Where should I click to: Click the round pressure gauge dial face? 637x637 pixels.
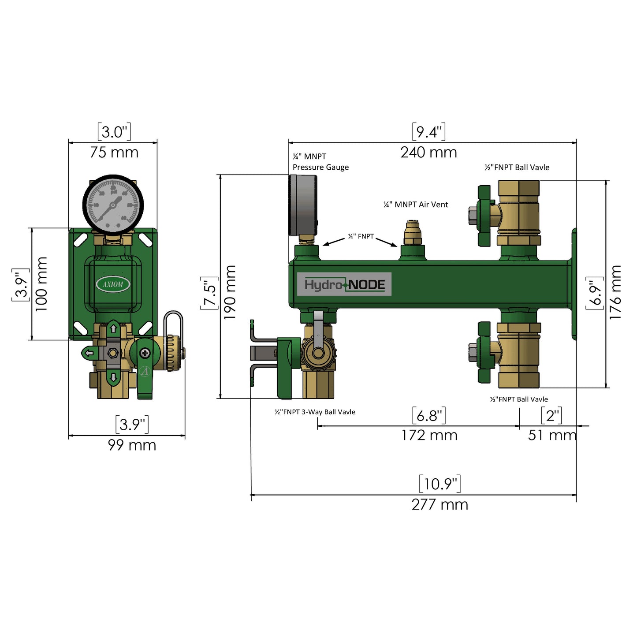tap(113, 205)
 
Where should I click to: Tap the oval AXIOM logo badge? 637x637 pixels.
tap(113, 284)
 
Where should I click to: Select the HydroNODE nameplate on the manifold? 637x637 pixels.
tap(344, 284)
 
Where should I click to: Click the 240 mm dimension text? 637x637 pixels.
tap(428, 153)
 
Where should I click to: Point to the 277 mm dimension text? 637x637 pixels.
tap(440, 504)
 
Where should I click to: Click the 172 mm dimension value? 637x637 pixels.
tap(429, 436)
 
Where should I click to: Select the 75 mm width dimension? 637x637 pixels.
tap(114, 153)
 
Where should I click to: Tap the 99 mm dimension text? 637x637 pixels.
tap(132, 445)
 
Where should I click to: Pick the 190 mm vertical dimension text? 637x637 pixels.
tap(230, 292)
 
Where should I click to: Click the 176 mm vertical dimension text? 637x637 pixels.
tap(615, 292)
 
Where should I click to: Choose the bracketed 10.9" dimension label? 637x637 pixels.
tap(440, 484)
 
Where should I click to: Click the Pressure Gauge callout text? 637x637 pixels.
tap(320, 167)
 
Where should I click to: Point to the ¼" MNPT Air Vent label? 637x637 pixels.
tap(415, 205)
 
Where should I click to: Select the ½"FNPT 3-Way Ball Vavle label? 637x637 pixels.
tap(315, 412)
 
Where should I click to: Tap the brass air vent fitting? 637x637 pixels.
tap(413, 234)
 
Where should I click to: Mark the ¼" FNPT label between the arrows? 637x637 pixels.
tap(361, 237)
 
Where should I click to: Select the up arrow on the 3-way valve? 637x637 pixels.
tap(113, 329)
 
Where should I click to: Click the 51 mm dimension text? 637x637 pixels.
tap(552, 436)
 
